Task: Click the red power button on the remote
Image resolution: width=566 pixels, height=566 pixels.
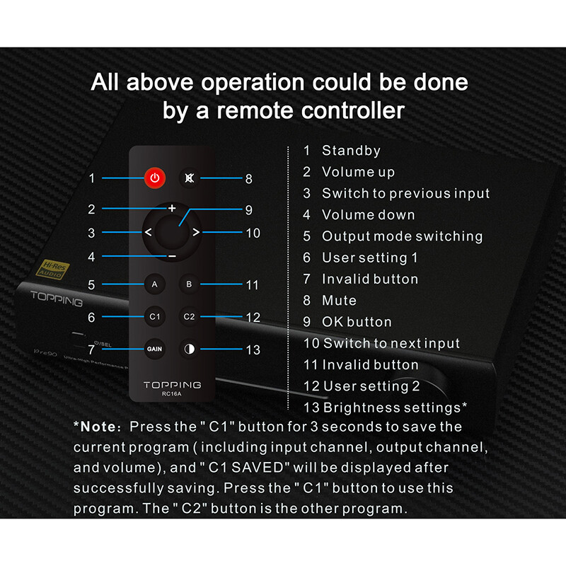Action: [x=155, y=178]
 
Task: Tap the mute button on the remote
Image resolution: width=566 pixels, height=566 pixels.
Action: [x=189, y=178]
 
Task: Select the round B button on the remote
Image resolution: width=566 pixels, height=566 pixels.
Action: [x=189, y=284]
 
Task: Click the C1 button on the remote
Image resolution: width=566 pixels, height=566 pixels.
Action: [x=155, y=317]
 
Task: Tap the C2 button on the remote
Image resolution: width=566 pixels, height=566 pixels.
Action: [x=189, y=317]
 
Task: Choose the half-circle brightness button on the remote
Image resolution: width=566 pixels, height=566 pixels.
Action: [x=189, y=349]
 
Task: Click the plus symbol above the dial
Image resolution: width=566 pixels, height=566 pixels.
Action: [x=172, y=209]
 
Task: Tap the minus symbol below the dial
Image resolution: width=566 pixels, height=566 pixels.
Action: [x=172, y=255]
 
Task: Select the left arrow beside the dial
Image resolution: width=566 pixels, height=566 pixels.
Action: [x=148, y=232]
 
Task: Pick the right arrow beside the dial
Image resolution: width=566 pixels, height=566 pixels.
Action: [x=196, y=232]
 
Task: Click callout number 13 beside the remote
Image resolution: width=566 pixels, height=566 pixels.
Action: [x=253, y=350]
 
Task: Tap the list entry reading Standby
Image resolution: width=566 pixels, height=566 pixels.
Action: [x=351, y=151]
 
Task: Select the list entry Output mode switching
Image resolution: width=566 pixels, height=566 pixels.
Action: [x=402, y=236]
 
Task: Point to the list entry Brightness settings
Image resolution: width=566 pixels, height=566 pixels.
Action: [x=395, y=408]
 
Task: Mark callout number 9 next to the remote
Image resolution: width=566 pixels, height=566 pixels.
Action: [x=248, y=209]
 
